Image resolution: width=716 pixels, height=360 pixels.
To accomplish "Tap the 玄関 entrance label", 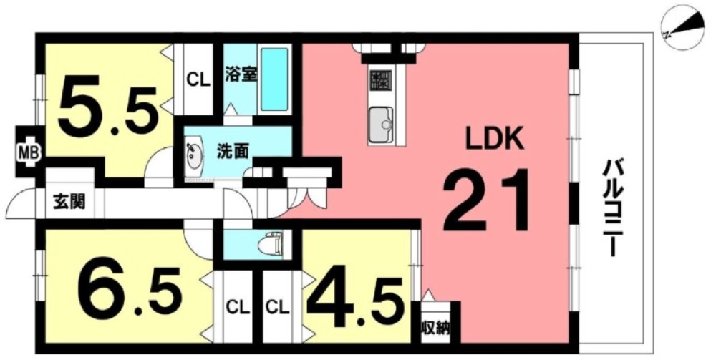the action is [x=69, y=202].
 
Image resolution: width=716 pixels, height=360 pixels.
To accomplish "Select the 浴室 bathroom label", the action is [x=240, y=74].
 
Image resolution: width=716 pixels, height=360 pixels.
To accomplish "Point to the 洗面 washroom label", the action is [x=233, y=151].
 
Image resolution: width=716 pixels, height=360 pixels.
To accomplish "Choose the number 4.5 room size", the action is [x=355, y=301].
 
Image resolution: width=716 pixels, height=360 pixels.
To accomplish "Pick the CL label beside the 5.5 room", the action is [x=198, y=80].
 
